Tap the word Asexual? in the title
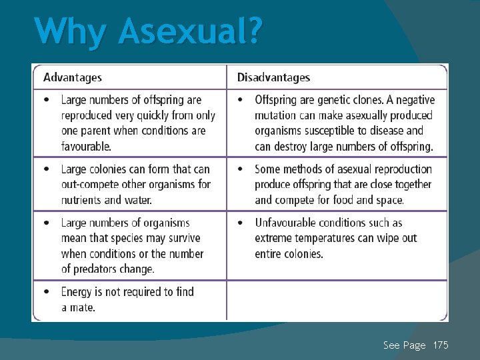tap(191, 31)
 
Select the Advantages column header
tap(73, 77)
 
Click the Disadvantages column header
tap(273, 77)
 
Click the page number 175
tap(441, 345)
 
